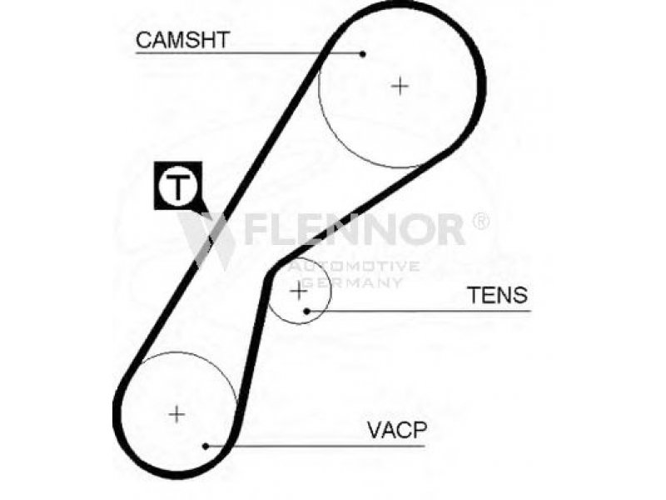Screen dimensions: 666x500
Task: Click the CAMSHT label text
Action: tap(182, 40)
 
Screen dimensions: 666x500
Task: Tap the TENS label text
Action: tap(497, 295)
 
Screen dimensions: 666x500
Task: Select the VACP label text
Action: tap(397, 430)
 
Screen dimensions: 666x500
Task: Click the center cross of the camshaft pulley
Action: tap(400, 87)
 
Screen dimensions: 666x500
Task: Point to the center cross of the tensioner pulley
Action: tap(299, 291)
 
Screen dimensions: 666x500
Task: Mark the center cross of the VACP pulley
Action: tap(176, 413)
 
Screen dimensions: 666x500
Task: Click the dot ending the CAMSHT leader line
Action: tap(362, 54)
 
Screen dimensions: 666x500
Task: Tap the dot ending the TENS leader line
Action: tap(306, 311)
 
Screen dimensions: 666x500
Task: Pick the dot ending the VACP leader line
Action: tap(206, 446)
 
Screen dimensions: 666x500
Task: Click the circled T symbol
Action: tap(177, 185)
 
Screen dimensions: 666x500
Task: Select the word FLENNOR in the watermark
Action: tap(354, 230)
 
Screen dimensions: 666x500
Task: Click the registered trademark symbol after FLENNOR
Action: tap(480, 221)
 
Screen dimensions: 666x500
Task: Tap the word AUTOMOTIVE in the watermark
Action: tap(354, 267)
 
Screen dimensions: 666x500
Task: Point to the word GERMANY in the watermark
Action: tap(354, 282)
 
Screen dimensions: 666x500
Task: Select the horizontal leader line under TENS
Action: tap(419, 311)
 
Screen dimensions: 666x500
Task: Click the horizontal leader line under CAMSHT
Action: tap(249, 53)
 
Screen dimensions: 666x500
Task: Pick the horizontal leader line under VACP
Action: tap(316, 446)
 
